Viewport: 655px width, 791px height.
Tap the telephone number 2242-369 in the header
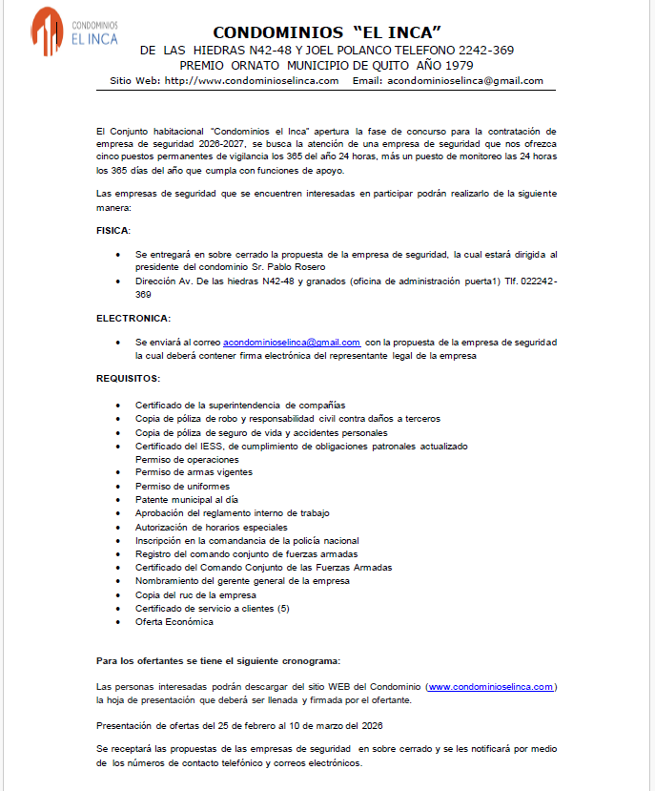point(487,50)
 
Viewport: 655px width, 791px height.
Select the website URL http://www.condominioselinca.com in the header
point(252,81)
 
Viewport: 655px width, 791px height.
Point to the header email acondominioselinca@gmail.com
point(465,81)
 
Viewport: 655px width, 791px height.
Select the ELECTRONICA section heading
point(133,317)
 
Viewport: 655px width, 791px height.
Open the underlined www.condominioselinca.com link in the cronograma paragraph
point(491,686)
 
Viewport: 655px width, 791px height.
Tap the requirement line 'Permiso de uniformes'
point(177,486)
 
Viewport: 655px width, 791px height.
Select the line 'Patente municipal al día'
point(186,499)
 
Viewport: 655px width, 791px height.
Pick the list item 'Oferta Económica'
point(174,622)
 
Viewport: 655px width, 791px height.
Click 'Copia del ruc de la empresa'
point(194,594)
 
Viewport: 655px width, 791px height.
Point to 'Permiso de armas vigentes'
point(194,472)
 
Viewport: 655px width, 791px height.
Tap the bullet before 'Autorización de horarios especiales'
point(117,527)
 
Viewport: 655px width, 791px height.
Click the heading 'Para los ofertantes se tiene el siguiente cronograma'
point(217,660)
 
